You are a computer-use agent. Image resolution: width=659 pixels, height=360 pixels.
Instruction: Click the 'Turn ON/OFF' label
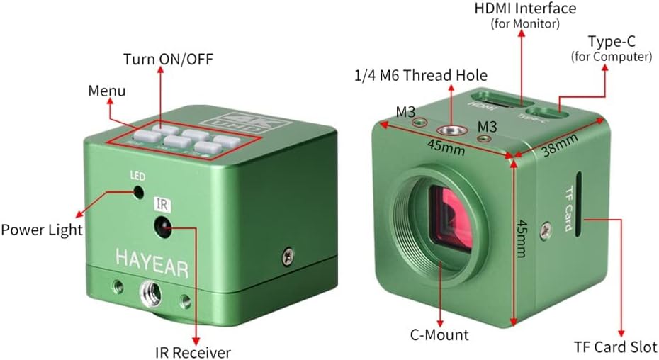(x=159, y=58)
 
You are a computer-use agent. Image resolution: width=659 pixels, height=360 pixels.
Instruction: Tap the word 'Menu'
(x=107, y=91)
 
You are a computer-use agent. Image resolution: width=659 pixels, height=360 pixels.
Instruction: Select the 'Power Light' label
(x=41, y=230)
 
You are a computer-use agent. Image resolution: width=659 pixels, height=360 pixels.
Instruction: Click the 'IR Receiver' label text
(x=193, y=351)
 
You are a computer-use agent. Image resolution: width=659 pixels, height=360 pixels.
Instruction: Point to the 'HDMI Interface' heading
(x=525, y=9)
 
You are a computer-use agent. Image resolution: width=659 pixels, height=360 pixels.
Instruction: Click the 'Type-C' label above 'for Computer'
(x=611, y=42)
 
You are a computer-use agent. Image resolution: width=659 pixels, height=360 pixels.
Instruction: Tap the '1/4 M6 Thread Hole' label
(x=421, y=75)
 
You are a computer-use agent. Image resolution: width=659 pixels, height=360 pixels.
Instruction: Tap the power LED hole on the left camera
(x=137, y=191)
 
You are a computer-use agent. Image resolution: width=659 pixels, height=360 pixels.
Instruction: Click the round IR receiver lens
(x=162, y=227)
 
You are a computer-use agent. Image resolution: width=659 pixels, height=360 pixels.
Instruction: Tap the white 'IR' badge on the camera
(x=162, y=205)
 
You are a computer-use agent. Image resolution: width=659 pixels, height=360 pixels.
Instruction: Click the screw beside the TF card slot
(x=544, y=229)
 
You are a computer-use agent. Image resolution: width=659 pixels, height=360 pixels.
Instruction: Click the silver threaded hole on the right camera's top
(x=449, y=130)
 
